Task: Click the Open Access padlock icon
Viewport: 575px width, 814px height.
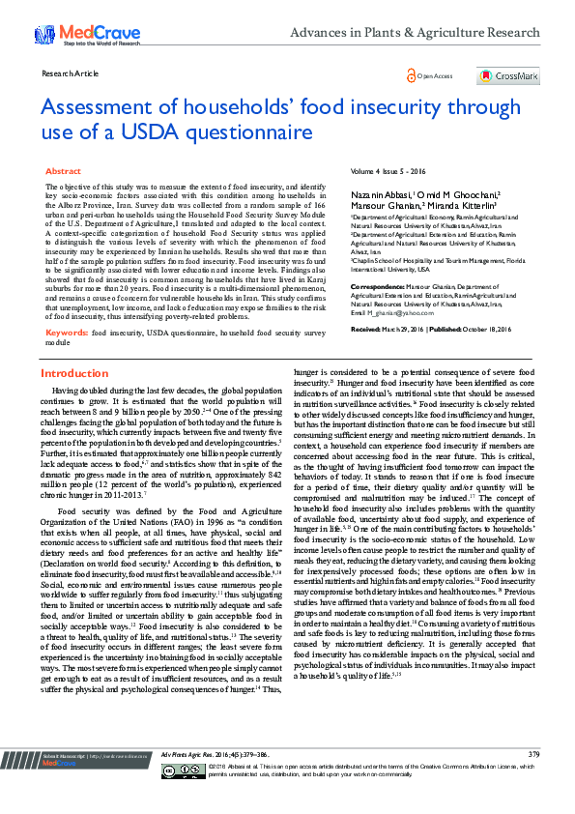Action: tap(411, 75)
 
